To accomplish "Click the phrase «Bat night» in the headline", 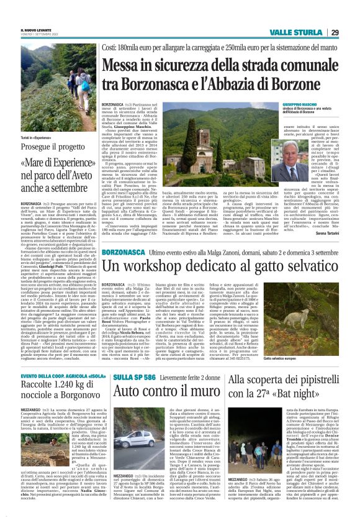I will click(x=304, y=393).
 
